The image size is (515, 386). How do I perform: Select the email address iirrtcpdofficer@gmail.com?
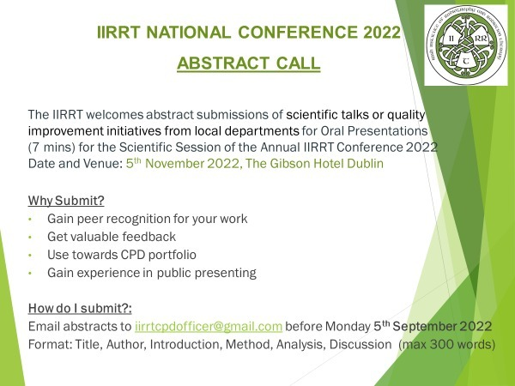click(209, 326)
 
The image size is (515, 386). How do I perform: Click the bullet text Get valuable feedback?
click(112, 236)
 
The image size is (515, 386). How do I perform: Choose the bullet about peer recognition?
click(147, 219)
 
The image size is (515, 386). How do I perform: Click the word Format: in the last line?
click(49, 344)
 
